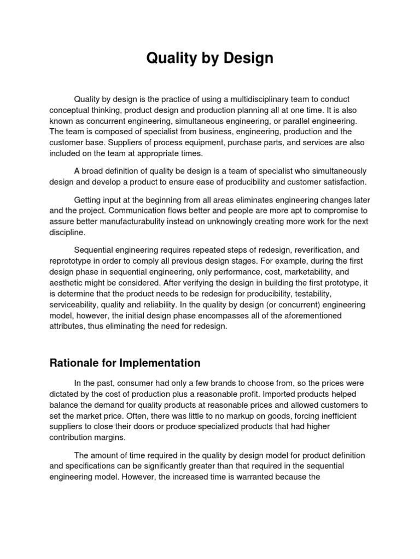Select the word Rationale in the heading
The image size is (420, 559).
pyautogui.click(x=74, y=362)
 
